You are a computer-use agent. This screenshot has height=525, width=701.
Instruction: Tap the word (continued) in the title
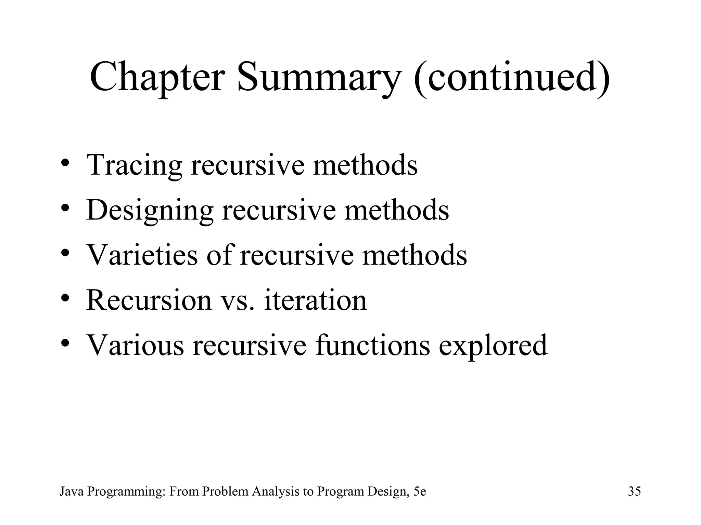click(512, 78)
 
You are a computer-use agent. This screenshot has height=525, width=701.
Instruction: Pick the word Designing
click(150, 211)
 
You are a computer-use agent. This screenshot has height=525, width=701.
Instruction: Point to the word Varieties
click(142, 255)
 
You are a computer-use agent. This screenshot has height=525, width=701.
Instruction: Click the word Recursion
click(149, 300)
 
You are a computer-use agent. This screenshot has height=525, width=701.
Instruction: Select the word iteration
click(315, 300)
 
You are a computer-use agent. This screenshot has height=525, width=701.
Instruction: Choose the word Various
click(135, 345)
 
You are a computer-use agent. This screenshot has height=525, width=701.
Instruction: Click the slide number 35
click(634, 492)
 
